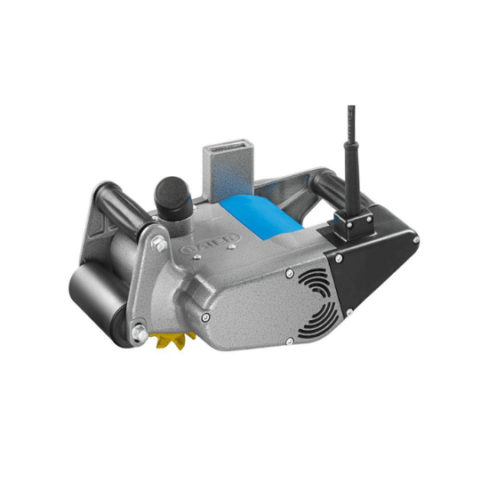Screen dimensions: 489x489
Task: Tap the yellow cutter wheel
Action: (x=172, y=337)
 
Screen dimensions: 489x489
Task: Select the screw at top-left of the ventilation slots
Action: (x=289, y=273)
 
